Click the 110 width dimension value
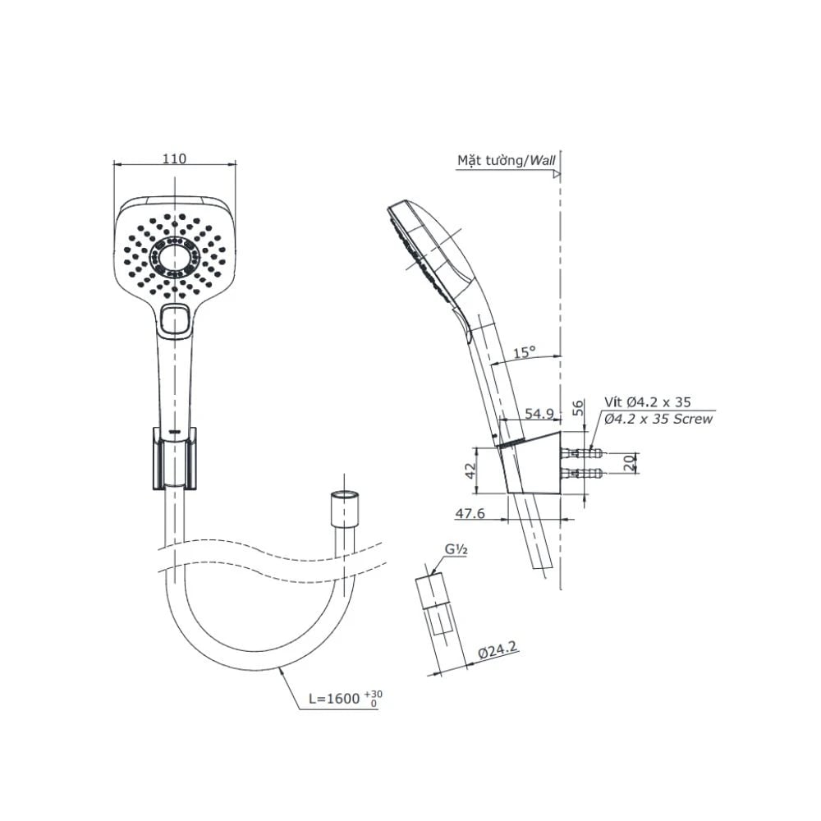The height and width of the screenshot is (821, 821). [174, 159]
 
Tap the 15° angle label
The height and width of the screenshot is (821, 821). [524, 352]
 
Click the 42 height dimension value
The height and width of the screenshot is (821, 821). [470, 470]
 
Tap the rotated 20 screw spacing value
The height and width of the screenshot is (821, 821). [628, 464]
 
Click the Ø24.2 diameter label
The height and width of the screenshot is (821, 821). [498, 649]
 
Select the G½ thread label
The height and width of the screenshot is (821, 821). [456, 550]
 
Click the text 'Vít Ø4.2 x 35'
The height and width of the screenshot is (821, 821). [648, 402]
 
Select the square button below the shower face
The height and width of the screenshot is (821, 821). [175, 317]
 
